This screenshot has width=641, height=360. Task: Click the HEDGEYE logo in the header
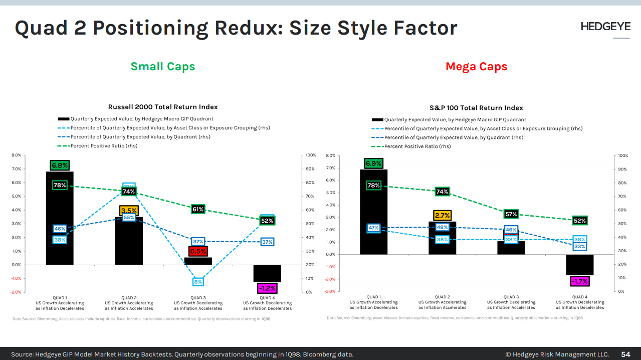(605, 27)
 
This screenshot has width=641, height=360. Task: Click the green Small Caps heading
(163, 67)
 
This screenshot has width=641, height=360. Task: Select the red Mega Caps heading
(476, 67)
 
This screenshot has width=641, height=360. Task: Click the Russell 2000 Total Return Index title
(163, 107)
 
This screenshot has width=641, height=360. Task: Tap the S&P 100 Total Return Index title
(476, 108)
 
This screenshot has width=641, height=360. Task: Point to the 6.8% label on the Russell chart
(60, 165)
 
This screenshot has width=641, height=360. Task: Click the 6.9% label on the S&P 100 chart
(373, 163)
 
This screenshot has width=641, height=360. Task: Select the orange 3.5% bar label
(129, 211)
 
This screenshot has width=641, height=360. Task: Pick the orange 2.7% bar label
(443, 216)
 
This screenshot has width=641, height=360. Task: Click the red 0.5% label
(198, 251)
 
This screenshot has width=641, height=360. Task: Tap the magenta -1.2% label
(267, 288)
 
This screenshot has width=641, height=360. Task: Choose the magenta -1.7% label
(580, 282)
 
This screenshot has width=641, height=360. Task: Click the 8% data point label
(198, 282)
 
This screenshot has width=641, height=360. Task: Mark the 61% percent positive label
(198, 209)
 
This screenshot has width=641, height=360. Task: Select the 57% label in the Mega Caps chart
(511, 214)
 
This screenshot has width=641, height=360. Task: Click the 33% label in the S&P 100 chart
(580, 247)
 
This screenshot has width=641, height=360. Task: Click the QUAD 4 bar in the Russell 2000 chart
(267, 273)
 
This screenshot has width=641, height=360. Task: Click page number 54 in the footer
(626, 354)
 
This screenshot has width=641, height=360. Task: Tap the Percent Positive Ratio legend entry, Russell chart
(104, 146)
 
